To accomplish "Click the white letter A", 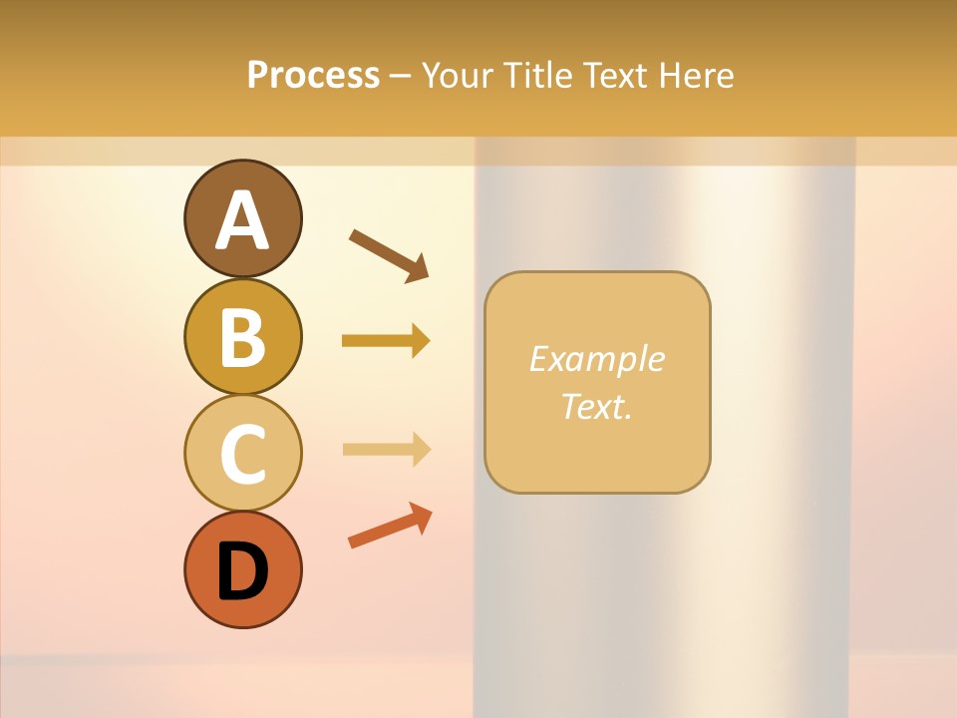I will tap(242, 219).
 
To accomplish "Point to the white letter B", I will tap(242, 337).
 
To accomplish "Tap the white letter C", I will tap(242, 454).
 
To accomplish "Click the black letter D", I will tap(242, 570).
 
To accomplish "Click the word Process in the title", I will tap(313, 75).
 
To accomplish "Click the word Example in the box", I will tap(596, 359).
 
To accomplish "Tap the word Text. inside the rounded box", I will tap(596, 407).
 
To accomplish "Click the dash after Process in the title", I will tap(401, 76).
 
